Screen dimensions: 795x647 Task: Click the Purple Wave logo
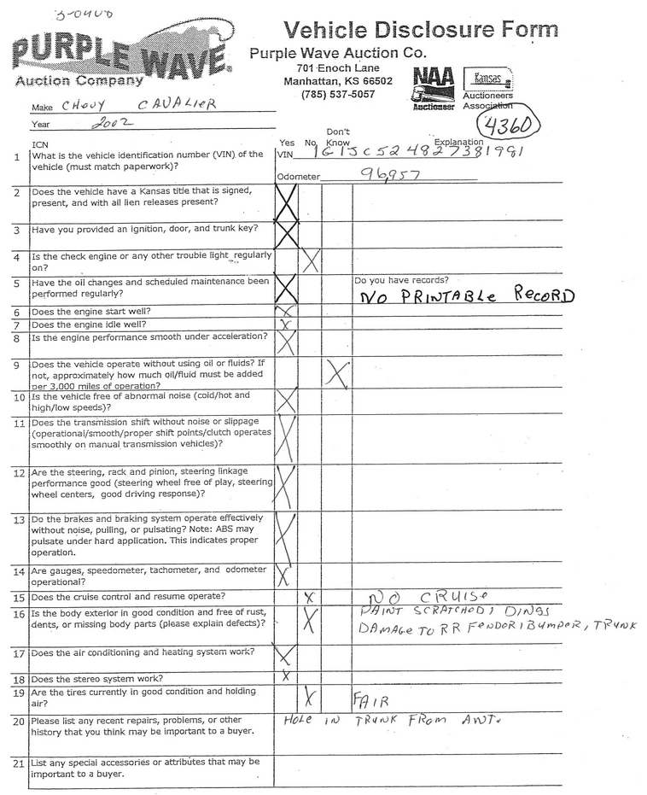119,56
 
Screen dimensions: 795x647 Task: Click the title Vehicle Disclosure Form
421,30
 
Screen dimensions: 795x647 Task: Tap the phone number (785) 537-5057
338,95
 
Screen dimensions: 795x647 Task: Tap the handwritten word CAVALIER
177,104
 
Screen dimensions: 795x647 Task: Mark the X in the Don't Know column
337,372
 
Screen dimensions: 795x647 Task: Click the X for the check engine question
311,260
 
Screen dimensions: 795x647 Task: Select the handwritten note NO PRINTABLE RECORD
466,296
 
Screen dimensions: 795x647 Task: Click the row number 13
17,519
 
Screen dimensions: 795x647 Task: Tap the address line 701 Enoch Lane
338,68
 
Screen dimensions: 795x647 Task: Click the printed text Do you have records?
400,279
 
